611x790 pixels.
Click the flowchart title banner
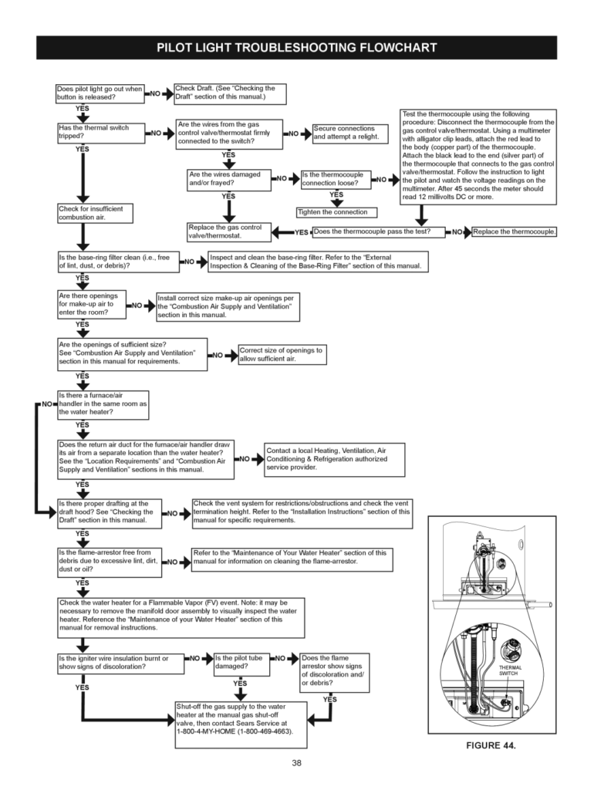297,48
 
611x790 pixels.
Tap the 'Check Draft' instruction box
230,93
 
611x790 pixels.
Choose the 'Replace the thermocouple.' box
514,231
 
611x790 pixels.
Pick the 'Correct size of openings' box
282,355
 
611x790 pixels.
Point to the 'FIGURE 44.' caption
489,745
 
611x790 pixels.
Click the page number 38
297,763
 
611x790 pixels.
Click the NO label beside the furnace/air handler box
47,403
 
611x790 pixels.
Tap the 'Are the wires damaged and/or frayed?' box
229,179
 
